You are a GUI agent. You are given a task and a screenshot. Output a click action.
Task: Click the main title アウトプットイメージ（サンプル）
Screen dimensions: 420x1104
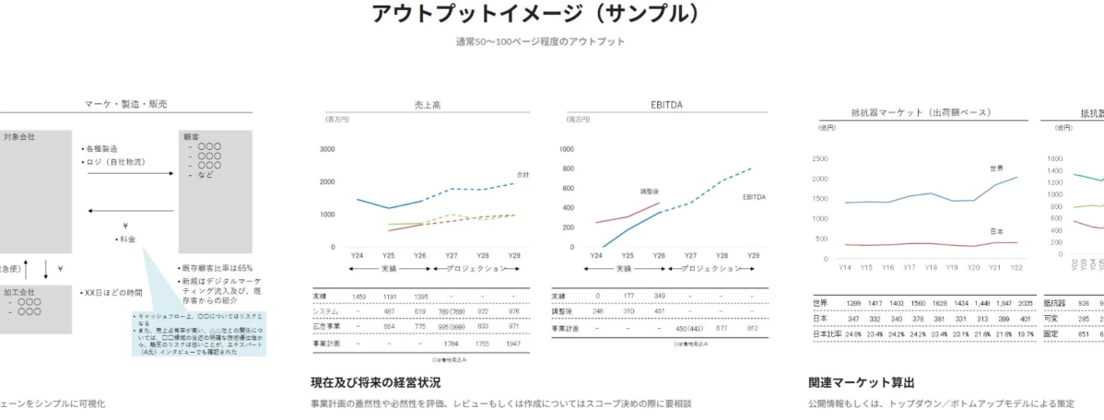pyautogui.click(x=535, y=14)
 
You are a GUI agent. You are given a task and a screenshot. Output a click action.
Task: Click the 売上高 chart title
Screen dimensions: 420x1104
pyautogui.click(x=427, y=105)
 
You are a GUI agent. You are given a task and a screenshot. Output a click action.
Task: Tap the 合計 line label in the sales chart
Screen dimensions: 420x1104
pyautogui.click(x=523, y=174)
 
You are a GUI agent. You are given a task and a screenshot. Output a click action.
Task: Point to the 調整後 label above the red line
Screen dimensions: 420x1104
pyautogui.click(x=652, y=192)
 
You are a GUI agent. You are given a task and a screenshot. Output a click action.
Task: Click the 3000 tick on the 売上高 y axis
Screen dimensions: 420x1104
pyautogui.click(x=327, y=149)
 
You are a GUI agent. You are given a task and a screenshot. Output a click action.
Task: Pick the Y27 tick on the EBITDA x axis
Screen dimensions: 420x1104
pyautogui.click(x=688, y=255)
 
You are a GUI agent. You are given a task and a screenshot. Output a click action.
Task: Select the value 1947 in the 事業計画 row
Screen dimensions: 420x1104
pyautogui.click(x=514, y=343)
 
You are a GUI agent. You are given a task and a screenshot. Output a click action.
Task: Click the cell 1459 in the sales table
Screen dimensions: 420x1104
pyautogui.click(x=358, y=297)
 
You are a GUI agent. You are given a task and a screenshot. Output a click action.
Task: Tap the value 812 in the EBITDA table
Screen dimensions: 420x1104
pyautogui.click(x=752, y=327)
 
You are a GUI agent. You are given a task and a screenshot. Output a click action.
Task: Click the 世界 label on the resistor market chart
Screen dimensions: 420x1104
pyautogui.click(x=995, y=169)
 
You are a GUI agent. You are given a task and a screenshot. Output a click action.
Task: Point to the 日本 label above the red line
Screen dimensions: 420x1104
pyautogui.click(x=995, y=231)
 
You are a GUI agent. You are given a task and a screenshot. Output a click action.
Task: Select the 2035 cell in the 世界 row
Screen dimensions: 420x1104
pyautogui.click(x=1017, y=302)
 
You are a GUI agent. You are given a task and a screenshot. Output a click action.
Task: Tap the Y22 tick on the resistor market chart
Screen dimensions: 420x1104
pyautogui.click(x=1016, y=267)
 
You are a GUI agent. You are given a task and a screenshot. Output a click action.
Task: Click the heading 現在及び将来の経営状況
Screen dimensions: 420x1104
pyautogui.click(x=375, y=382)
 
